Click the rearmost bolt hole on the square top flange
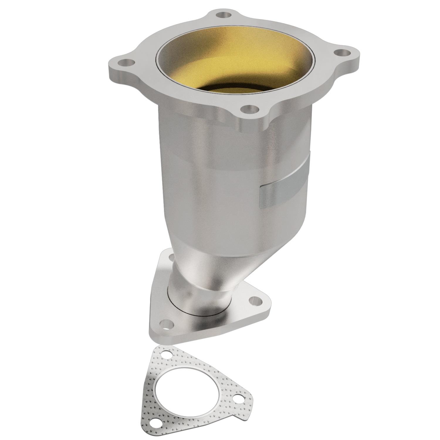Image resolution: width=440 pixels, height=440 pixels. pos(225,15)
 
